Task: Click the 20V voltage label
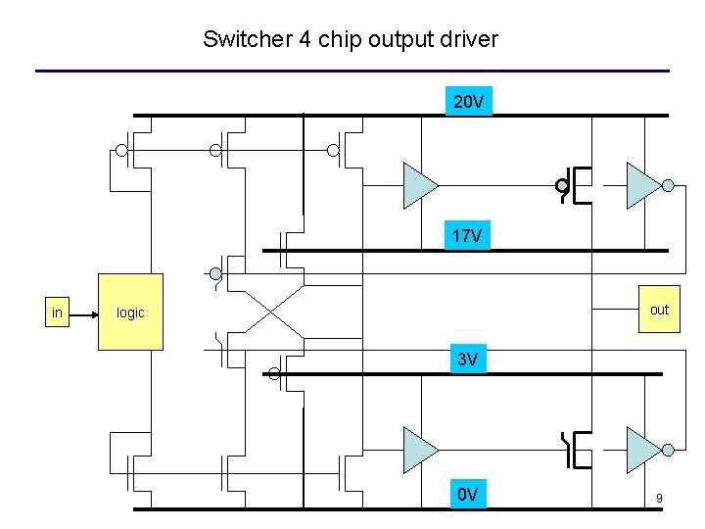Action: click(x=469, y=101)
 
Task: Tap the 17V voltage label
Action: click(x=467, y=235)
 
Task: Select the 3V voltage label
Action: click(x=468, y=360)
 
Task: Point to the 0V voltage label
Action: click(x=468, y=494)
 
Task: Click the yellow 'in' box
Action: click(x=58, y=313)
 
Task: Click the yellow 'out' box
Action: click(x=659, y=310)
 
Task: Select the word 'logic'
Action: click(x=130, y=313)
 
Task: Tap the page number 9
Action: click(x=659, y=499)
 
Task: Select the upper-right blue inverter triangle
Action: click(x=644, y=185)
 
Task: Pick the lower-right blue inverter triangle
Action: click(x=644, y=449)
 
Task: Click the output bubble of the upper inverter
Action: click(x=668, y=185)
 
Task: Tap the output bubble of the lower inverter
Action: click(x=668, y=449)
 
